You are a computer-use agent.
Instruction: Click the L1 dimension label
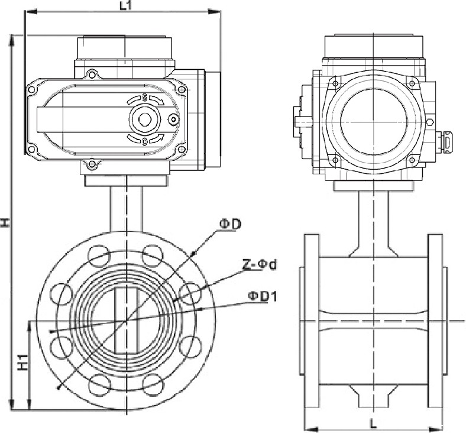pos(125,6)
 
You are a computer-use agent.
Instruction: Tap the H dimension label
pos(5,222)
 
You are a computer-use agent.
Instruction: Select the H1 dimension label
pos(22,363)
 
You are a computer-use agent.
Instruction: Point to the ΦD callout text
pos(231,224)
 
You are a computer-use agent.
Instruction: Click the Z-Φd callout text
pos(259,264)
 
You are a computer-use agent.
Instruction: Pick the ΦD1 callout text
pos(262,296)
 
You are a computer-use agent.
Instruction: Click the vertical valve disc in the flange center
pos(125,320)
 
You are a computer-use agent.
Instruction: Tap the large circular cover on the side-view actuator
pos(373,121)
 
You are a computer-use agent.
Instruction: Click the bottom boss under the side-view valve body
pos(373,395)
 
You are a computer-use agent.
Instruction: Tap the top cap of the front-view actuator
pos(125,47)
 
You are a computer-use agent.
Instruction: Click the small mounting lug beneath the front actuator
pos(91,165)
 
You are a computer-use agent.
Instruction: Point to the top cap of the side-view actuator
pos(373,46)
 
